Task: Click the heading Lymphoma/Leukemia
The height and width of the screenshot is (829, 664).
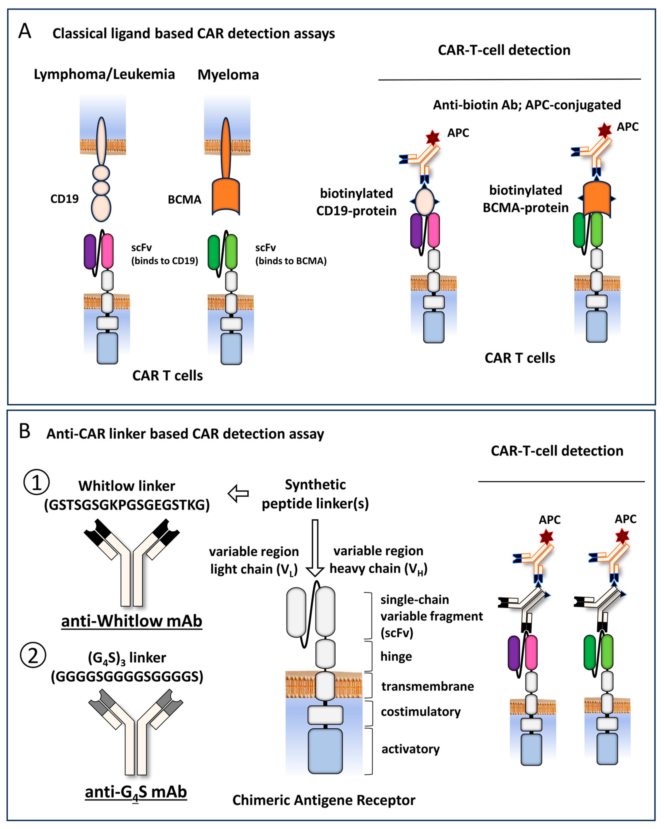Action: [104, 74]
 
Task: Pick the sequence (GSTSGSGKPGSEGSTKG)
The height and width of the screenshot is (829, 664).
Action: [127, 505]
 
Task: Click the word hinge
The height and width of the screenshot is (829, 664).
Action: [396, 656]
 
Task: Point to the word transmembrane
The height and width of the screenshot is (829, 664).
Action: [427, 686]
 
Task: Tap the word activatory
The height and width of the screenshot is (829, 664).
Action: [410, 749]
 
